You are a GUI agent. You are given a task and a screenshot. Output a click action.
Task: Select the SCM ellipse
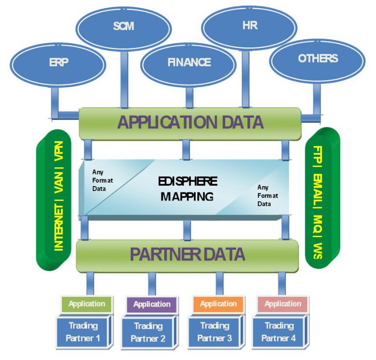(123, 26)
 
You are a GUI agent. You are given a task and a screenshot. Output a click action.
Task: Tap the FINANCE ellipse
(189, 62)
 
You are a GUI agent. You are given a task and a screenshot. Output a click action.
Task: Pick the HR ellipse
(249, 26)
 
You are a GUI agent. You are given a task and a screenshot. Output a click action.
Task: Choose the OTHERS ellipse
(317, 58)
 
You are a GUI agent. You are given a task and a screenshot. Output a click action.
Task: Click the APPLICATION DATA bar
(190, 122)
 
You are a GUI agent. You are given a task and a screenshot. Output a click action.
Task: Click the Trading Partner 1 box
(83, 332)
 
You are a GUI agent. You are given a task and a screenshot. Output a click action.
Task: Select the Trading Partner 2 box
(148, 332)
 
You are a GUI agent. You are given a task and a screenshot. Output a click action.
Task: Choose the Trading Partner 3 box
(214, 332)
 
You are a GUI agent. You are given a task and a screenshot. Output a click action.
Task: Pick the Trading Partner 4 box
(279, 332)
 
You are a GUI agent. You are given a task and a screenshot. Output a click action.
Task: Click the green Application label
(87, 304)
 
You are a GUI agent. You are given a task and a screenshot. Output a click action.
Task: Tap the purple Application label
(152, 304)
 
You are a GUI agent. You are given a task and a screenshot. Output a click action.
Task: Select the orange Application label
(218, 304)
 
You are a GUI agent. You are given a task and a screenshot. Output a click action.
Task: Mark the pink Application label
(282, 304)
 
